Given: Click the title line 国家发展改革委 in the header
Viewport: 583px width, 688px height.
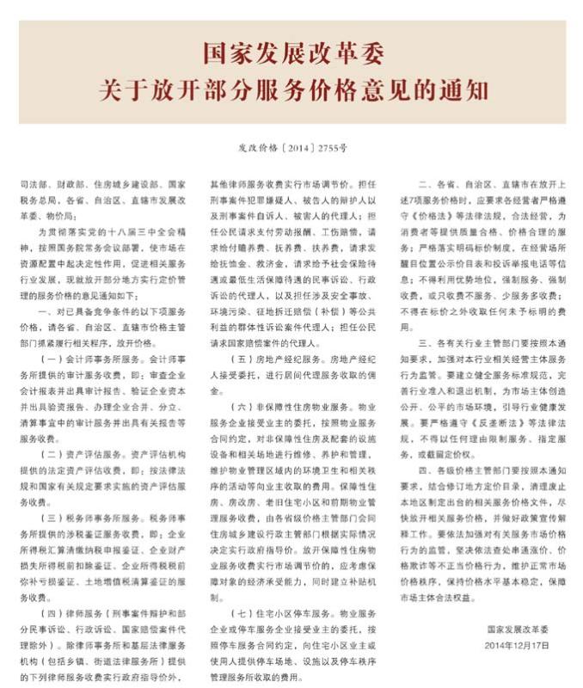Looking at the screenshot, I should pyautogui.click(x=291, y=52).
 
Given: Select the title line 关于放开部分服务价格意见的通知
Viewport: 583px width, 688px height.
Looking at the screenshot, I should pyautogui.click(x=291, y=89).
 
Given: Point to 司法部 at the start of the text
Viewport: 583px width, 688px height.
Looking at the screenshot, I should pyautogui.click(x=31, y=185).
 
